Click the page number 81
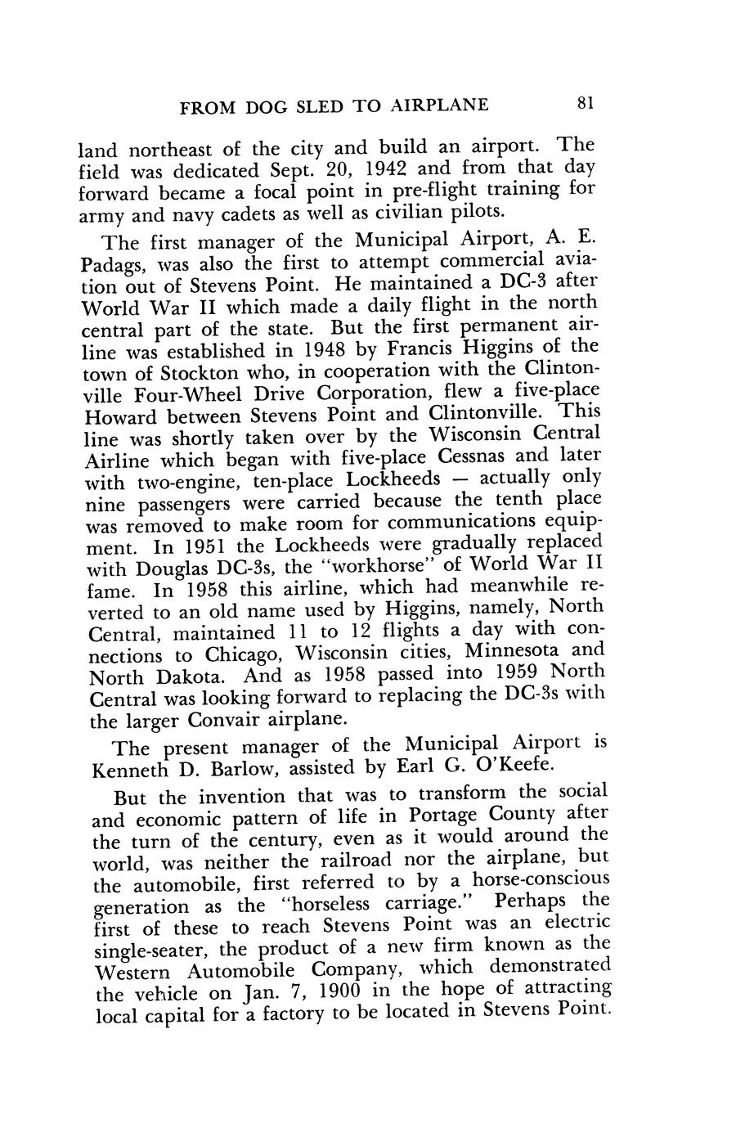pos(585,103)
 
